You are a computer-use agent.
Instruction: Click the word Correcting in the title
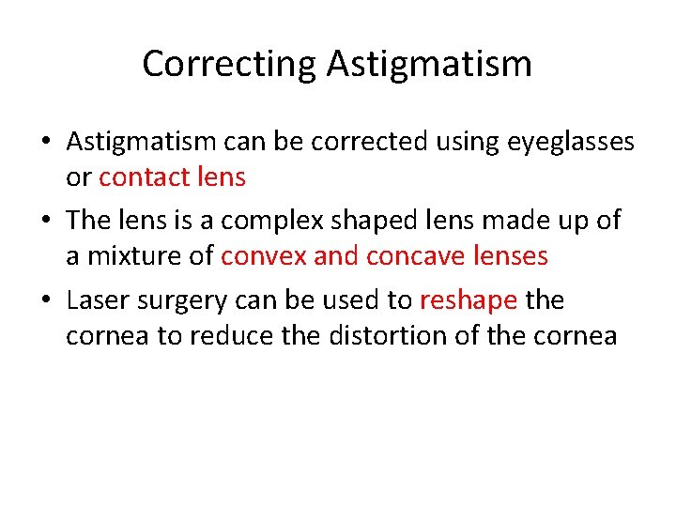click(x=230, y=65)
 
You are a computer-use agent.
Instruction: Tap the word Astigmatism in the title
click(x=430, y=65)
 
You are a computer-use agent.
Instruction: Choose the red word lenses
click(x=507, y=254)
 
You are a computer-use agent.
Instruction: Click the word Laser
click(x=97, y=300)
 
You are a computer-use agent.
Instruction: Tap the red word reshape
click(x=469, y=300)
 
